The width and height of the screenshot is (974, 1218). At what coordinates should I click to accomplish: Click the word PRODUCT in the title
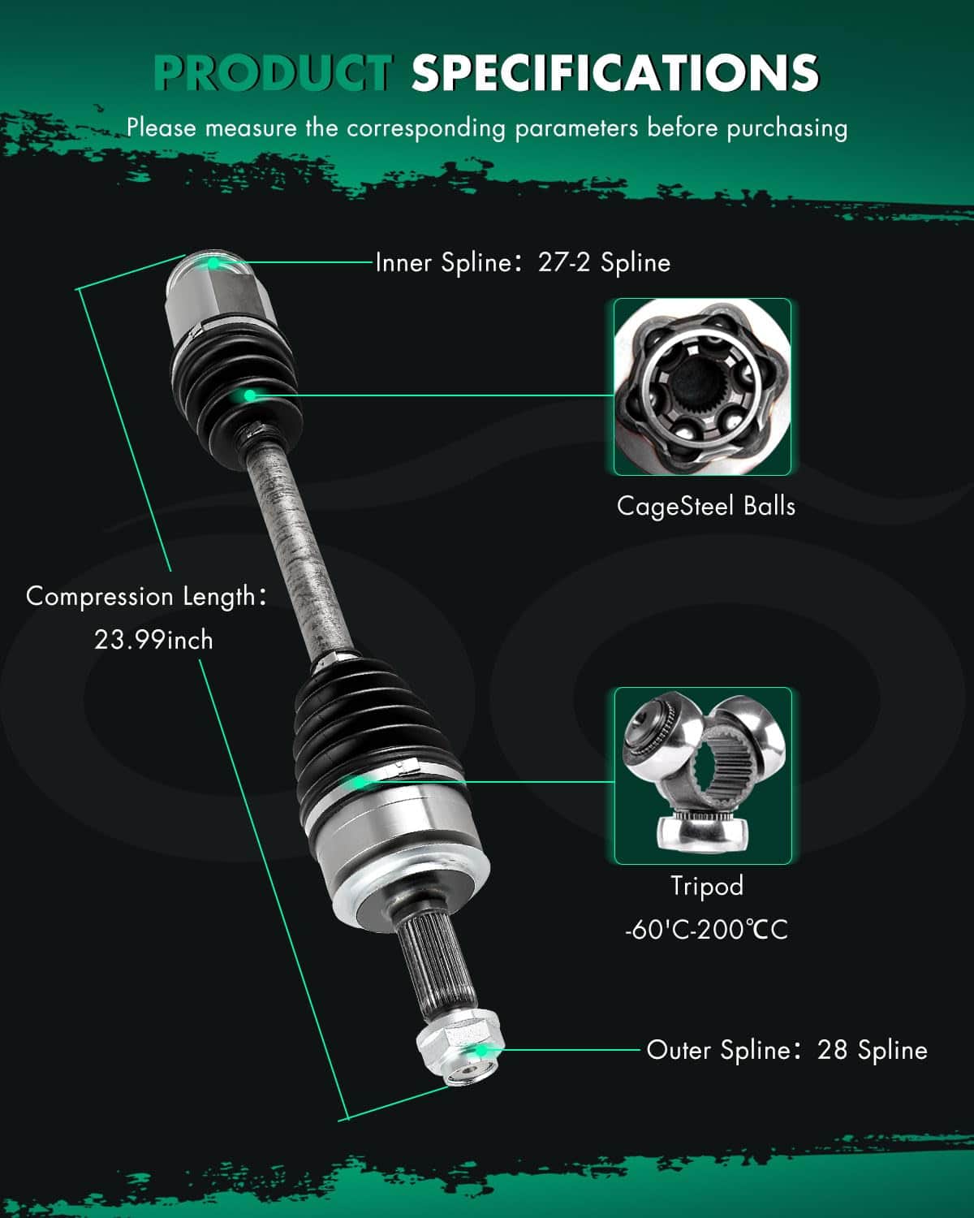274,72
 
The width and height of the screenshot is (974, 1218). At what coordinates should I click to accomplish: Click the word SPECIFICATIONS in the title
615,72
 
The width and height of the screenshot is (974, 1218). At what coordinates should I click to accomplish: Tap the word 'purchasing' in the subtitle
787,128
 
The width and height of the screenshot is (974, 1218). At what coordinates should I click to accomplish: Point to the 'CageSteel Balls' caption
705,506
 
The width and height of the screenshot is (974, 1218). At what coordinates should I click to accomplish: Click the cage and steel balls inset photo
702,387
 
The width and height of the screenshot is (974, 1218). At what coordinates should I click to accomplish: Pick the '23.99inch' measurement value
153,640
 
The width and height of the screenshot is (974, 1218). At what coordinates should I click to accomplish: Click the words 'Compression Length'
140,597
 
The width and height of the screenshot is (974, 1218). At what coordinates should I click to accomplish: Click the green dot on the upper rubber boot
249,395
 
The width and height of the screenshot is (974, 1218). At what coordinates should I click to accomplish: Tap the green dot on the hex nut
481,1051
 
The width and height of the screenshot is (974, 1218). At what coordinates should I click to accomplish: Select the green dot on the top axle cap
213,262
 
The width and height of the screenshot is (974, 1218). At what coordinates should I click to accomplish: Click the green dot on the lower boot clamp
358,783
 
